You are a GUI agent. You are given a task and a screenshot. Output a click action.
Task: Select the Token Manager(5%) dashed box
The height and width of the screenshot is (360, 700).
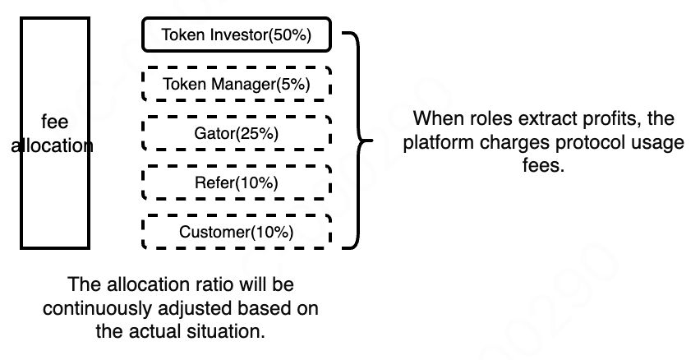[237, 84]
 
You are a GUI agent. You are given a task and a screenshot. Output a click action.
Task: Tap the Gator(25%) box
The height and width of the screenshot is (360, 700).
[237, 133]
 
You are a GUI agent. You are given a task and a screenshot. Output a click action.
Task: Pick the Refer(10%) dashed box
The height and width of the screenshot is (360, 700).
[237, 182]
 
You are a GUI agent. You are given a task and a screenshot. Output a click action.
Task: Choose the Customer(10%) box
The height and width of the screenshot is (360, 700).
[237, 232]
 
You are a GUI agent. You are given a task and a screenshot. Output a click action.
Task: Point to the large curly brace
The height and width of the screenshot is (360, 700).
[359, 141]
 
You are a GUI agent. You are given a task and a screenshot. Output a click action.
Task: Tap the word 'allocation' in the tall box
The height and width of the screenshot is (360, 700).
[54, 146]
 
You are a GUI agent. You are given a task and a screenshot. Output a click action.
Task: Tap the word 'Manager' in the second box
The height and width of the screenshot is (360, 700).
[238, 84]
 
